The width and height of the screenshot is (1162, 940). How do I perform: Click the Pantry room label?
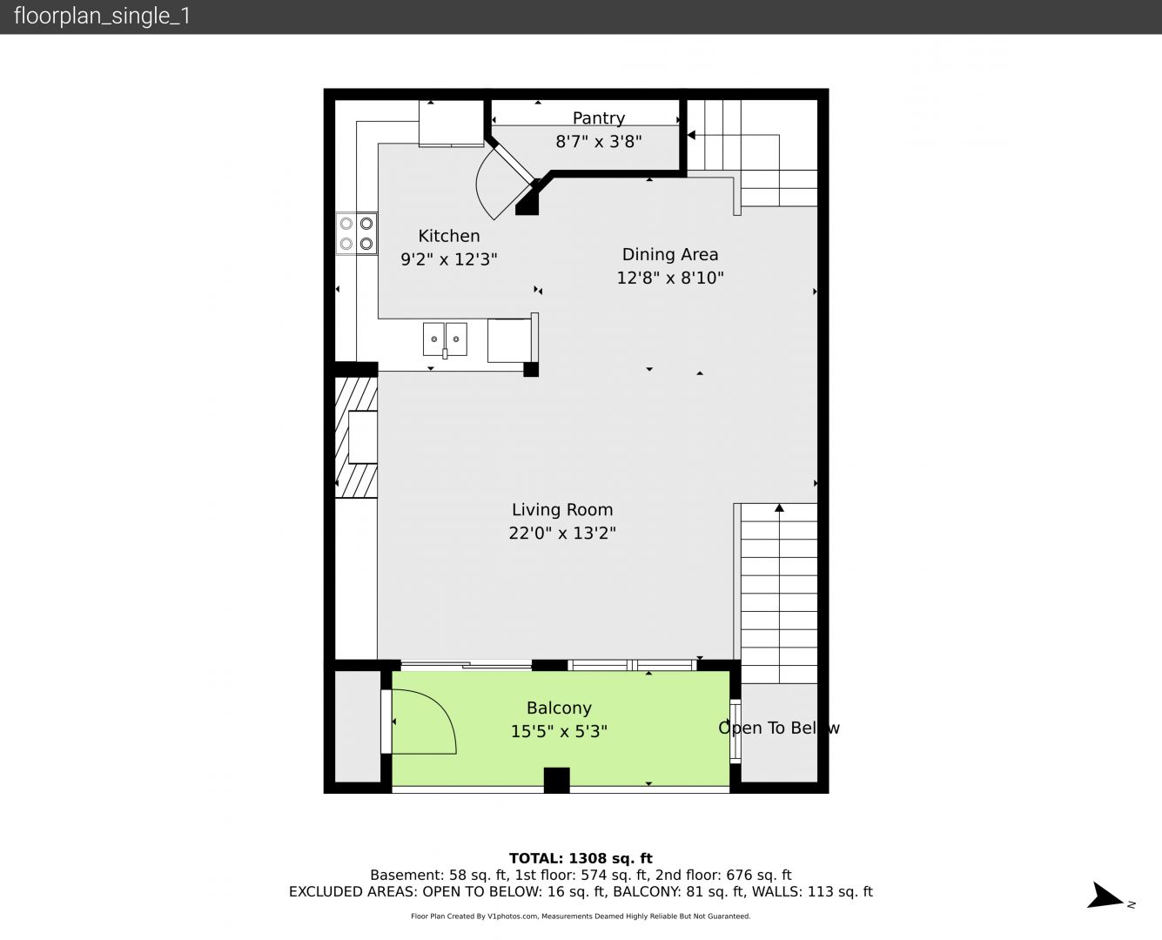tap(599, 118)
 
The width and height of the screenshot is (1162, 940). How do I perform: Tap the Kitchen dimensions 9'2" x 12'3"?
tap(449, 259)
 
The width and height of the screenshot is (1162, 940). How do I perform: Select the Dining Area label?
tap(670, 254)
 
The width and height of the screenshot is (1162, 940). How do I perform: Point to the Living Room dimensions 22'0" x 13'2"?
tap(562, 533)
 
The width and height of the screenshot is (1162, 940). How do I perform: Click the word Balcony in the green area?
tap(559, 708)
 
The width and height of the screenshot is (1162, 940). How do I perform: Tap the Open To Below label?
tap(778, 728)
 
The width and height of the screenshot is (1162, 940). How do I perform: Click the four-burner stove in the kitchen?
tap(356, 233)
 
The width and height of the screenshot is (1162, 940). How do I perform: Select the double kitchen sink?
tap(445, 339)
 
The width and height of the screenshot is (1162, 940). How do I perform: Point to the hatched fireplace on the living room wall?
tap(356, 437)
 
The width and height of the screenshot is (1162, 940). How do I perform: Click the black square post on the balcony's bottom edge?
tap(556, 780)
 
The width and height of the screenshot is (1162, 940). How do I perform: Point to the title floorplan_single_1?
tap(102, 17)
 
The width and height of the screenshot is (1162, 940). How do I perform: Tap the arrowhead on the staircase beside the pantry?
tap(691, 135)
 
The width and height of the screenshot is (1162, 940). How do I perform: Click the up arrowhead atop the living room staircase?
tap(779, 508)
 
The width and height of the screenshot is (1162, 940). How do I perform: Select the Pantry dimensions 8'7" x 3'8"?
tap(599, 142)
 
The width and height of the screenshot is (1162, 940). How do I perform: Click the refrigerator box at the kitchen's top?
tap(451, 124)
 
